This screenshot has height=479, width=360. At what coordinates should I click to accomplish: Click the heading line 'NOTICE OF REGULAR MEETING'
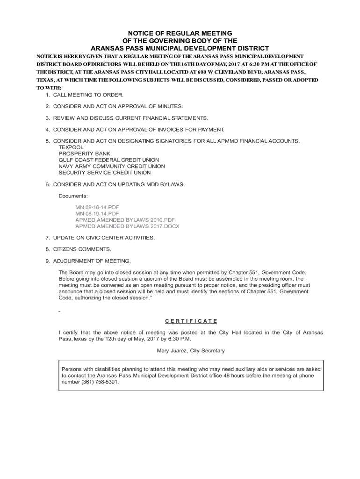click(180, 33)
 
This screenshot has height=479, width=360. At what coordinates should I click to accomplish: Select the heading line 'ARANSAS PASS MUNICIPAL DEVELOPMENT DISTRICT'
click(180, 48)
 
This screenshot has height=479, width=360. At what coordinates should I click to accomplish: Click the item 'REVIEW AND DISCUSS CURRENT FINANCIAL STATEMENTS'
click(130, 118)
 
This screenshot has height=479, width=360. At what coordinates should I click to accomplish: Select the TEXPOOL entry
click(71, 147)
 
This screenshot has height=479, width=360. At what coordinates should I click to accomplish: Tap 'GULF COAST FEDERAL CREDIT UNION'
click(108, 160)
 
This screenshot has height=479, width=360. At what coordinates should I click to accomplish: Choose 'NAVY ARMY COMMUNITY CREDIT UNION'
click(112, 166)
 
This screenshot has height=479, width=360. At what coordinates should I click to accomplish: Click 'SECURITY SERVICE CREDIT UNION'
click(105, 173)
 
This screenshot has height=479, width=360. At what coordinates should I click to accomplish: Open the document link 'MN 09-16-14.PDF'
click(98, 207)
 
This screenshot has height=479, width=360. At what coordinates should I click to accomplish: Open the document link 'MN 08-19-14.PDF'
click(98, 214)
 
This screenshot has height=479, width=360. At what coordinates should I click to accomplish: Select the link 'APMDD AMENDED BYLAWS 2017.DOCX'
click(127, 226)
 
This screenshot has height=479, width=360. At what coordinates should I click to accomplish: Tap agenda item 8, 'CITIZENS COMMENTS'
click(82, 249)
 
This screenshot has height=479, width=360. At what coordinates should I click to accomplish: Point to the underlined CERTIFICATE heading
click(191, 321)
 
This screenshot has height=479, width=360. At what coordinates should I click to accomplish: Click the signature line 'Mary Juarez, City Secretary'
click(191, 350)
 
